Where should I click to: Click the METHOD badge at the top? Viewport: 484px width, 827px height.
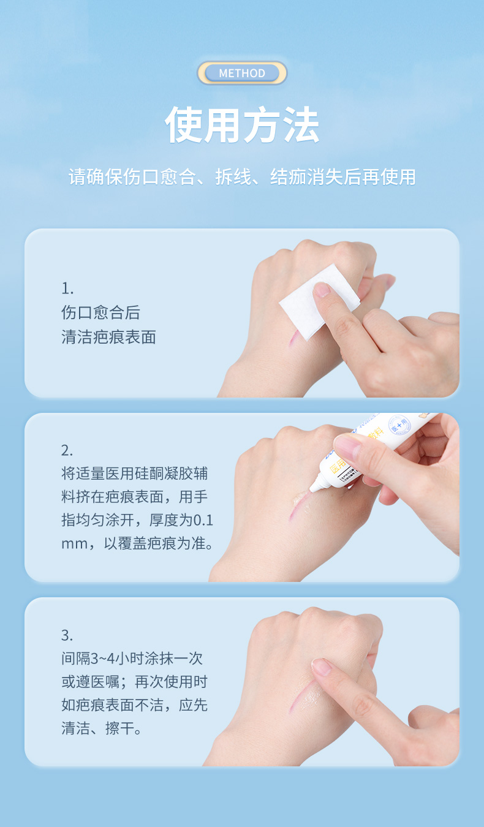click(x=242, y=73)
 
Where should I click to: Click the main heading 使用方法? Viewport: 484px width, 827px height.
click(x=242, y=125)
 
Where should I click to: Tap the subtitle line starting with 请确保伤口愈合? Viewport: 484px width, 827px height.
click(x=242, y=176)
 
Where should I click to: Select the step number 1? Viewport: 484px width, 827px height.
click(x=67, y=289)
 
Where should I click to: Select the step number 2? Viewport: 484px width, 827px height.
click(x=67, y=450)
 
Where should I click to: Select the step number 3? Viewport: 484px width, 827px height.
click(x=67, y=635)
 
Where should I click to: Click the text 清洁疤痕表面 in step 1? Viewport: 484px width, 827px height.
click(x=108, y=337)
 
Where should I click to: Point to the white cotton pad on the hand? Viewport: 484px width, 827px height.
click(x=320, y=301)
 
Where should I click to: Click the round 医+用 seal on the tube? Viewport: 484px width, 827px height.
click(x=399, y=426)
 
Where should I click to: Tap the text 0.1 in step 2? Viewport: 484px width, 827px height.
click(x=203, y=520)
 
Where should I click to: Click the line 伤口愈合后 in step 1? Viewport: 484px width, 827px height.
click(x=101, y=312)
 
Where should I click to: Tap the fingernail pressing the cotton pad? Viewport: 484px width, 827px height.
click(x=322, y=289)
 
